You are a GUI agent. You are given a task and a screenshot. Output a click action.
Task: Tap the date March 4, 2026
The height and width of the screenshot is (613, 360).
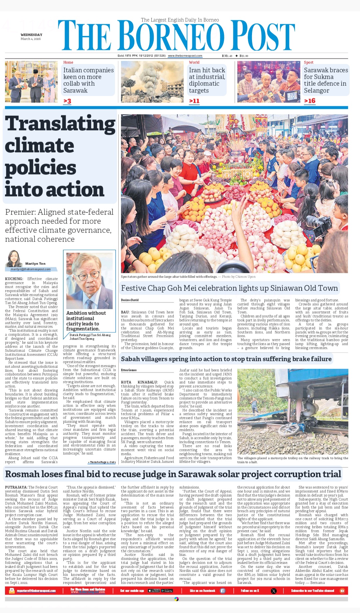coord(31,39)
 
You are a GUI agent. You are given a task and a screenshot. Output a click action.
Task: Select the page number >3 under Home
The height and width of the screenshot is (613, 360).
coord(67,101)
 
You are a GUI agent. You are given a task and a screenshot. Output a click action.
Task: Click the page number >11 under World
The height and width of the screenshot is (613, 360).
coord(194,101)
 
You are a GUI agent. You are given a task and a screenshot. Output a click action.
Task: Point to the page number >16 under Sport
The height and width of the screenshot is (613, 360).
coord(310,101)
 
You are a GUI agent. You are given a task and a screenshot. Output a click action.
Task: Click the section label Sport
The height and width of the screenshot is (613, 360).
coord(308,62)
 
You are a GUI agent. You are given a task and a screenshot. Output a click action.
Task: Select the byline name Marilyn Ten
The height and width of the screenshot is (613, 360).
coord(35,264)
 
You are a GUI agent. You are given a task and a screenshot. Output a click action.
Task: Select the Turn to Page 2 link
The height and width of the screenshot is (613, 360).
coord(102,462)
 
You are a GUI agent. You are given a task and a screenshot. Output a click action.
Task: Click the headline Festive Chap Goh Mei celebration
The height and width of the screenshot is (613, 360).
coord(229,288)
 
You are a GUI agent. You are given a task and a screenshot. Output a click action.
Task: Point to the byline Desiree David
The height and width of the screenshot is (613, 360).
coord(130,300)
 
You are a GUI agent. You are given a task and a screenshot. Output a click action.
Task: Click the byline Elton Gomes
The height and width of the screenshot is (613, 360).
coord(129,370)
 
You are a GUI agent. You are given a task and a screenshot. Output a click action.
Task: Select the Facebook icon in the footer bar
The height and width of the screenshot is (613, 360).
coord(223,591)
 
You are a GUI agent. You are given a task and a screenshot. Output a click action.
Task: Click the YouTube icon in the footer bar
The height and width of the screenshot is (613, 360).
coord(342,591)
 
